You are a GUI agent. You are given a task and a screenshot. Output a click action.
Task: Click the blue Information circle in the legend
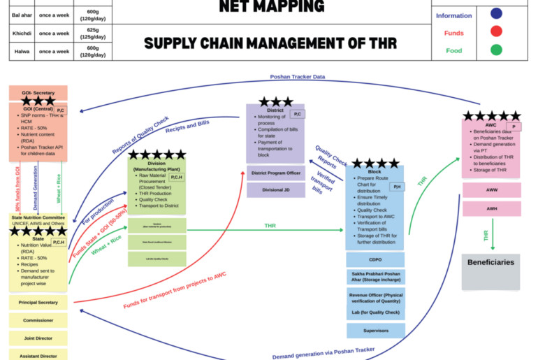point(496,14)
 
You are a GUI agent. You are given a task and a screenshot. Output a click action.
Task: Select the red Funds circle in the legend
point(496,31)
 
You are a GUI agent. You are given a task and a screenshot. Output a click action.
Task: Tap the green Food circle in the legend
point(496,50)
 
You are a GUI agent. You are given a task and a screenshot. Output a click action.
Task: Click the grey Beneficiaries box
point(490,271)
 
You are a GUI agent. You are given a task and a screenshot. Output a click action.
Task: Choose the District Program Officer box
point(275,173)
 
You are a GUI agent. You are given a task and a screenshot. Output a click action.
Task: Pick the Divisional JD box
point(275,189)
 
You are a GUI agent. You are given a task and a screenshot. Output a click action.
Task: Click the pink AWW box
point(490,189)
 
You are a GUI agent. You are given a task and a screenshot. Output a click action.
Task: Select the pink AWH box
point(490,208)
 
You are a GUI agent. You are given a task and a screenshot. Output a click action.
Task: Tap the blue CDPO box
point(375,259)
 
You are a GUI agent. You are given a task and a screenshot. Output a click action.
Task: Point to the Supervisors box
point(375,330)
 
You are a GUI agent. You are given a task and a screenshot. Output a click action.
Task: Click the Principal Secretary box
point(38,303)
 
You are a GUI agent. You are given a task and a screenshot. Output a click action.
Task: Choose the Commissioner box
point(38,320)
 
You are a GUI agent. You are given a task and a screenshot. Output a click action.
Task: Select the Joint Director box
point(38,338)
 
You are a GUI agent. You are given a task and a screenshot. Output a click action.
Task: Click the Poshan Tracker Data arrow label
point(297,77)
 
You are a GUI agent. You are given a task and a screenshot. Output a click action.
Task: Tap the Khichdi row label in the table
point(21,33)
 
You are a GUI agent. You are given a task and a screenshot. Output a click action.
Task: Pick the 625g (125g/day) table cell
point(92,33)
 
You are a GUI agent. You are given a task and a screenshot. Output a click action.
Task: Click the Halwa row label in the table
point(21,51)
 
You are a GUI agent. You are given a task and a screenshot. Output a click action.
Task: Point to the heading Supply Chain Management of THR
point(270,43)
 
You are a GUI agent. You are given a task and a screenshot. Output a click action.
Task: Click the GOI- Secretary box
point(38,93)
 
